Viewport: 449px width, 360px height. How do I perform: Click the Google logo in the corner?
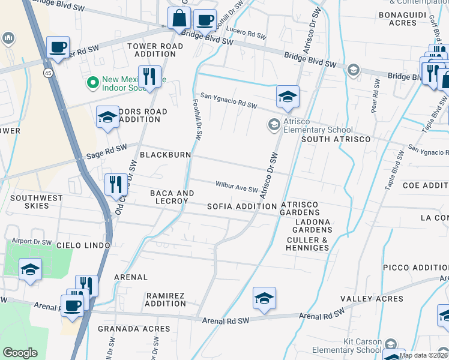[20, 353]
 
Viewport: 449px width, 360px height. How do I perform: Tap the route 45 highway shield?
[47, 73]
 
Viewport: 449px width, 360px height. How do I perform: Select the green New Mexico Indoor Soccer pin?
[93, 82]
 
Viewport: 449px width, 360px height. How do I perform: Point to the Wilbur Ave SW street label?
[237, 188]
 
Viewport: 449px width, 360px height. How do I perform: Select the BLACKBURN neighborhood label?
[165, 155]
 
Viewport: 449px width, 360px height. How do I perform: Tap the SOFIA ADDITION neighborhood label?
[242, 206]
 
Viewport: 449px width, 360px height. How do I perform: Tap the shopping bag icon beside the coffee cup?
[179, 19]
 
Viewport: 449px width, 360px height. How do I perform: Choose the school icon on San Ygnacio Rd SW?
[288, 96]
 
